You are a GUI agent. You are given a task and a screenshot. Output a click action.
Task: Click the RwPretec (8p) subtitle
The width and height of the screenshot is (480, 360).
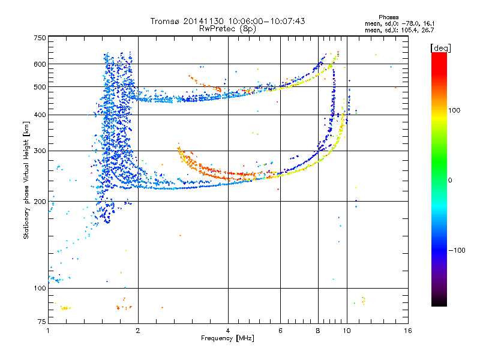pos(227,28)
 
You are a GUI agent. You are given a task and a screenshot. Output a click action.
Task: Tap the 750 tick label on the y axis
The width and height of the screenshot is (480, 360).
pos(40,38)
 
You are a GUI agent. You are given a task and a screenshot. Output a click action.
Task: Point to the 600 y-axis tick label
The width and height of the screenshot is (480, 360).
pos(40,64)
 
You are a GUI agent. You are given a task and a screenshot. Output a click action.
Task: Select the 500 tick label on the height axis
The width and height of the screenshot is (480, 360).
pos(40,87)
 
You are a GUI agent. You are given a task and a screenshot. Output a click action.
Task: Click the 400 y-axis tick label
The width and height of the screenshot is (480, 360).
pos(40,115)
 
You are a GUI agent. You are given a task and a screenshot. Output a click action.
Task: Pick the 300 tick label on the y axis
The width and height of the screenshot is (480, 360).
pos(40,151)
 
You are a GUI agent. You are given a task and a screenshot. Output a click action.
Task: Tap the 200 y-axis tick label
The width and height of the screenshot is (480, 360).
pos(40,202)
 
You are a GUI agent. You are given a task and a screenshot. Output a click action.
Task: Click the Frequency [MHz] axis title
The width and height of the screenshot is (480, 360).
pos(227,339)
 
